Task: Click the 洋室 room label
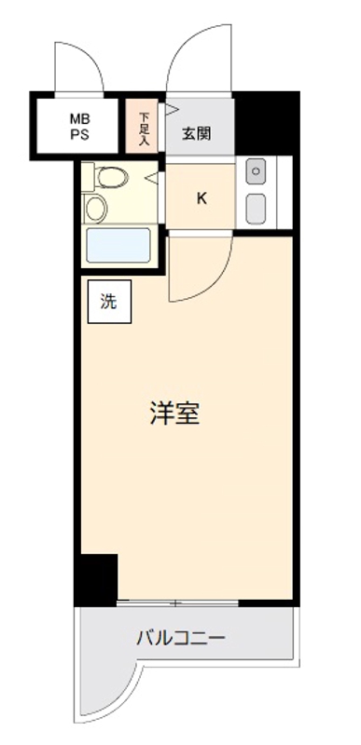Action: coord(174,413)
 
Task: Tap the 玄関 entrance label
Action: coord(197,134)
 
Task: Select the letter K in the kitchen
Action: coord(202,198)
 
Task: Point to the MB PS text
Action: coord(80,127)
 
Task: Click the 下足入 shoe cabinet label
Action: coord(144,129)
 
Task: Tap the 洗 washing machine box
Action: coord(109,302)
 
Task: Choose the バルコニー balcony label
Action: coord(181,638)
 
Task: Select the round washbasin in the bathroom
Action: coord(95,209)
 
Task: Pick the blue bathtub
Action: coord(118,245)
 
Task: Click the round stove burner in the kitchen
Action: coord(257,172)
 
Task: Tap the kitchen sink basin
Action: coord(257,209)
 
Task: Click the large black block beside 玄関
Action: coord(267,124)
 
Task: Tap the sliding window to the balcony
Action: coord(177,603)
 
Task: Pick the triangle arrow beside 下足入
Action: coord(172,110)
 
